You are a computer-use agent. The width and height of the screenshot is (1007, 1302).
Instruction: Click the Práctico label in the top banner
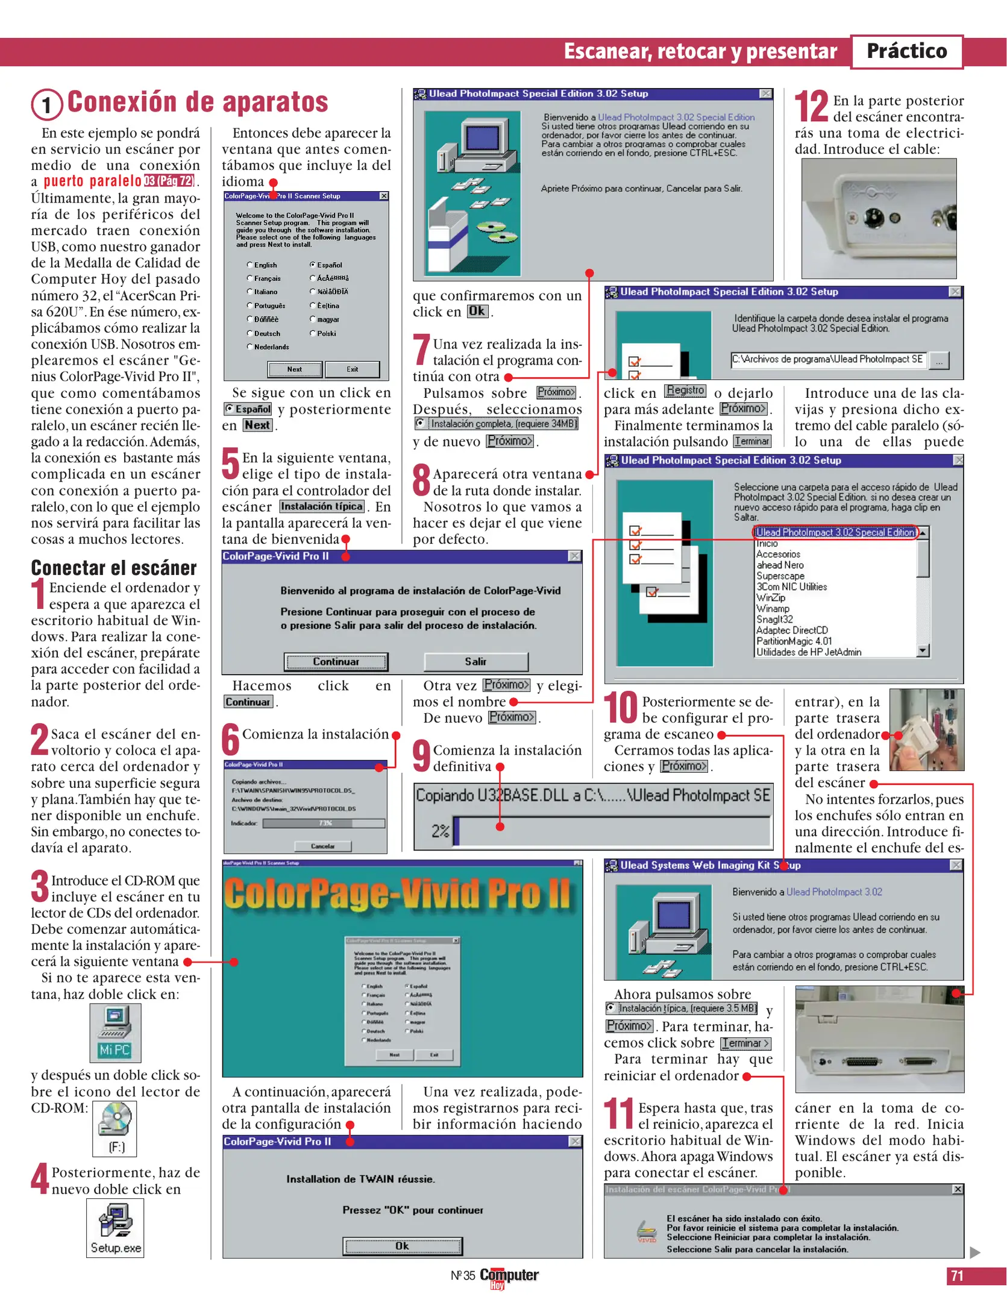tap(906, 51)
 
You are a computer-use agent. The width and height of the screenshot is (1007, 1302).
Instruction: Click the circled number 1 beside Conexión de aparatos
tap(46, 105)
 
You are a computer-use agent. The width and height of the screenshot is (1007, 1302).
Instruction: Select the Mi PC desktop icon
tap(115, 1032)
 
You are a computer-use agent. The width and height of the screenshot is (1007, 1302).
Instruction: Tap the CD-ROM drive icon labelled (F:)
tap(115, 1127)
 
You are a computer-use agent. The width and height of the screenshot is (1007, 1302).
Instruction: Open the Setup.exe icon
tap(115, 1227)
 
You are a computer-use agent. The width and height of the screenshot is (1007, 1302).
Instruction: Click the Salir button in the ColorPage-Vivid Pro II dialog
tap(475, 661)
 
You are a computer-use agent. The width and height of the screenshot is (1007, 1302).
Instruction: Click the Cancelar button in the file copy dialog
tap(322, 846)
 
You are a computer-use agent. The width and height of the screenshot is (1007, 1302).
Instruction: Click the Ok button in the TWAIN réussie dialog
tap(402, 1245)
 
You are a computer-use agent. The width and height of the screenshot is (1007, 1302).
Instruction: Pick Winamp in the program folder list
tap(773, 608)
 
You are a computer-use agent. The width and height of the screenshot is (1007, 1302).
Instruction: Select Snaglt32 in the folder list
tap(774, 619)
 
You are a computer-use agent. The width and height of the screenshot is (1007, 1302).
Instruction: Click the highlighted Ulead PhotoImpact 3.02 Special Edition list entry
tap(835, 532)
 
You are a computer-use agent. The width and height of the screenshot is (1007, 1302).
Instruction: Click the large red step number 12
tap(811, 106)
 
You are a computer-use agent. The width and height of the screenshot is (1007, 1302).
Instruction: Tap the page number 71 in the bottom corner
tap(957, 1275)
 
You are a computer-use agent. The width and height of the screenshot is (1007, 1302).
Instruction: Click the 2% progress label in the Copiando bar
tap(440, 831)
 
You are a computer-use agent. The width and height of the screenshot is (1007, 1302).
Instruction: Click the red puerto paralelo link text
tap(92, 181)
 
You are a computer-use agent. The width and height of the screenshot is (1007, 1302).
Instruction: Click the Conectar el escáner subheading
tap(114, 568)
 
